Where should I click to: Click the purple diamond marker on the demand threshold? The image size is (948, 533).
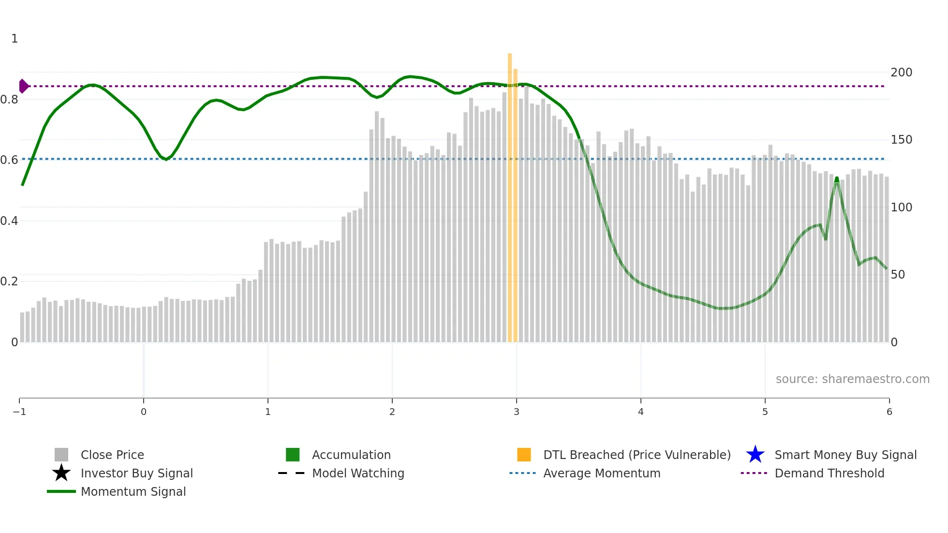pyautogui.click(x=23, y=86)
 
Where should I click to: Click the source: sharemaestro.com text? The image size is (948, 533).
pyautogui.click(x=852, y=379)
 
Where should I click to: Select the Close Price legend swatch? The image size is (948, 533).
pyautogui.click(x=61, y=455)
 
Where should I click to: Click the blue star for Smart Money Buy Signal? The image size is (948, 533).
pyautogui.click(x=755, y=455)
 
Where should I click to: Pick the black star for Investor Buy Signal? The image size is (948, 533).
pyautogui.click(x=61, y=473)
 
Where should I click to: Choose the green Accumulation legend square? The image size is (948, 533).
pyautogui.click(x=293, y=455)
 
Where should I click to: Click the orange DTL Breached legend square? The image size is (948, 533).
pyautogui.click(x=524, y=455)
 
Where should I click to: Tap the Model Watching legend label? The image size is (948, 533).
pyautogui.click(x=358, y=473)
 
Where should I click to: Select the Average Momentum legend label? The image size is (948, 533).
pyautogui.click(x=602, y=473)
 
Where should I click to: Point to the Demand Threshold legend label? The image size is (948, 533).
pyautogui.click(x=829, y=473)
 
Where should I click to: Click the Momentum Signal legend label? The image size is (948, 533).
pyautogui.click(x=133, y=491)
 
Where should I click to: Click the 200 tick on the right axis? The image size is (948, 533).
pyautogui.click(x=901, y=73)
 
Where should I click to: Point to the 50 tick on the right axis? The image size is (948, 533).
pyautogui.click(x=898, y=275)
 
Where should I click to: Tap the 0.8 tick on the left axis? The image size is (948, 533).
pyautogui.click(x=9, y=100)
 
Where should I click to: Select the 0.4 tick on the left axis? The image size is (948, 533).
pyautogui.click(x=9, y=221)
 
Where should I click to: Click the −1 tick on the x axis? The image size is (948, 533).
pyautogui.click(x=19, y=412)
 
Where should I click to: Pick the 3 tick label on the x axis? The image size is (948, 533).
pyautogui.click(x=517, y=412)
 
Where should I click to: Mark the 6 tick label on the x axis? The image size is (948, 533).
pyautogui.click(x=889, y=412)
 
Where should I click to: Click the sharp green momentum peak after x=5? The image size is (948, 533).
pyautogui.click(x=837, y=179)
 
